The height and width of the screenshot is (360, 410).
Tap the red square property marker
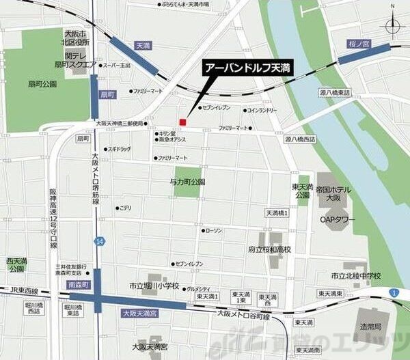182,122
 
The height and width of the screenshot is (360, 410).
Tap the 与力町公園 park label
187,182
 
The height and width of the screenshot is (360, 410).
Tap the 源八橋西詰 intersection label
301,139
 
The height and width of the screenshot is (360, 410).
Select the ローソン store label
214,230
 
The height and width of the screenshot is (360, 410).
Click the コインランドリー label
262,109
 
